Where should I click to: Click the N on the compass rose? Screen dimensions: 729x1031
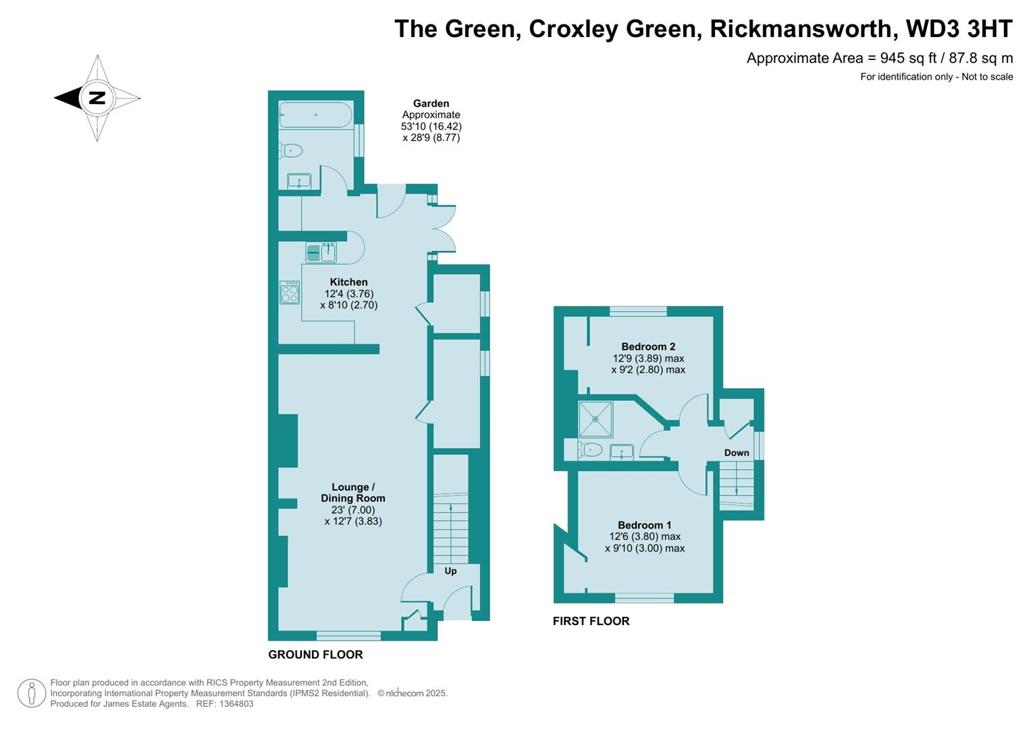coord(98,98)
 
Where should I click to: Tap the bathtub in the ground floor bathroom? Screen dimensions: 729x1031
coord(315,115)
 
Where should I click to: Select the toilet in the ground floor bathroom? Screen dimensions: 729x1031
coord(291,151)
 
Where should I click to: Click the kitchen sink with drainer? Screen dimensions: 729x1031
coord(321,252)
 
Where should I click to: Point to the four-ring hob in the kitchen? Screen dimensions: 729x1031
coord(290,292)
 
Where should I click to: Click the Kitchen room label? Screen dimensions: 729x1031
coord(348,282)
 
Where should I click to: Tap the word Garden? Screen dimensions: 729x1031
coord(431,103)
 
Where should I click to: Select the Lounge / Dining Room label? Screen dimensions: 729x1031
coord(353,493)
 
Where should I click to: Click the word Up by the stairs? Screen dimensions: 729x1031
coord(450,571)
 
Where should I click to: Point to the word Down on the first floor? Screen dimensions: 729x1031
coord(737,453)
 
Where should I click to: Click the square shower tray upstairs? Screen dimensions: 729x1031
coord(596,419)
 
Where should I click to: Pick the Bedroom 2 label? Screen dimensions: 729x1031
coord(648,347)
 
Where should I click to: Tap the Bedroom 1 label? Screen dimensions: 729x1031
coord(645,525)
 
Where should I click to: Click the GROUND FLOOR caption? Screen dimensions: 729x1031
coord(315,655)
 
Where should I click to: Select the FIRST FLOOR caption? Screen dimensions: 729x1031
coord(591,621)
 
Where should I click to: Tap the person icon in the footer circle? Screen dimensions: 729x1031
coord(31,693)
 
